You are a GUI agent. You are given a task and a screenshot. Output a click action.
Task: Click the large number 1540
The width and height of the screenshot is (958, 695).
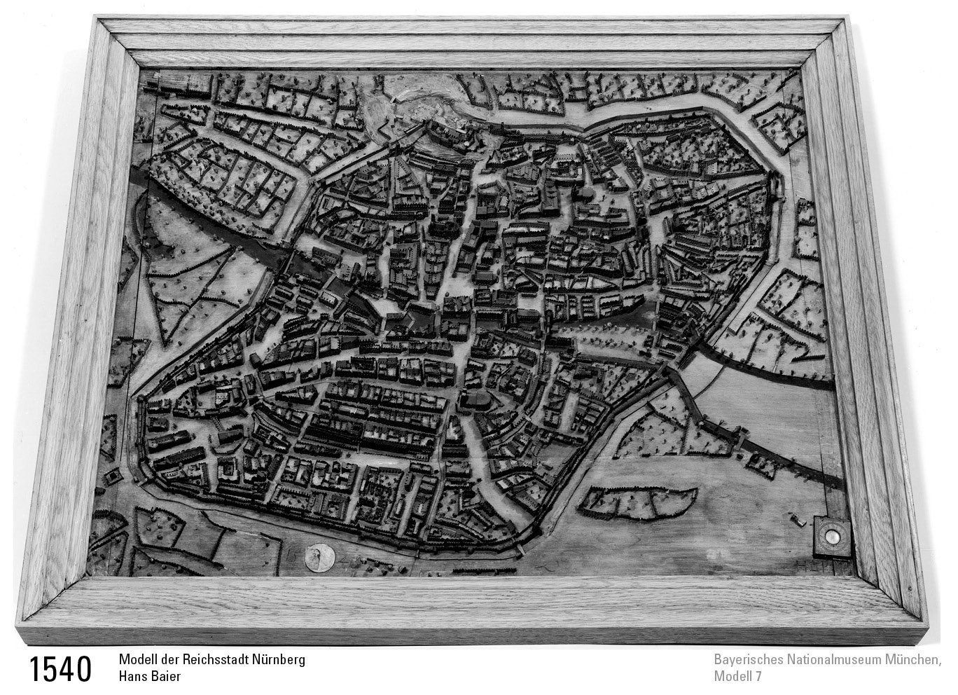pyautogui.click(x=61, y=668)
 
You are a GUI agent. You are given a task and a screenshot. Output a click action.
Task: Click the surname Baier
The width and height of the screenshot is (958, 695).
pyautogui.click(x=168, y=677)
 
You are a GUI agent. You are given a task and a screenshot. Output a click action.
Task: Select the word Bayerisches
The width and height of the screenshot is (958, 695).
pyautogui.click(x=749, y=660)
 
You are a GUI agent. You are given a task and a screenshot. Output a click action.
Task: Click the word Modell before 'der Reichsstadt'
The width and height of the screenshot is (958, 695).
pyautogui.click(x=139, y=660)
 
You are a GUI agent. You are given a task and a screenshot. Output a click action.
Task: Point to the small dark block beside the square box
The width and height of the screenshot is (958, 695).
pyautogui.click(x=798, y=519)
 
